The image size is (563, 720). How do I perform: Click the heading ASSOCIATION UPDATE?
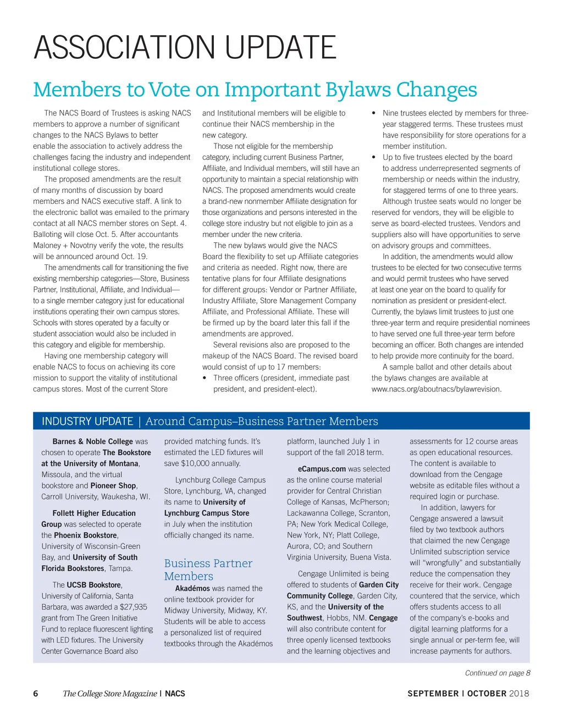(x=185, y=47)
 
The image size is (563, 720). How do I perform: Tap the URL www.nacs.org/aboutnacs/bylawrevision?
(x=436, y=389)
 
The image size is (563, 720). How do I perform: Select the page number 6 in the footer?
(x=36, y=694)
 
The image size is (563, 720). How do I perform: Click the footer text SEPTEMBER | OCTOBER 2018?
(x=468, y=694)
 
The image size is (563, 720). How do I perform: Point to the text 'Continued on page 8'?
(x=497, y=673)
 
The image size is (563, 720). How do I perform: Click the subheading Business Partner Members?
(x=208, y=569)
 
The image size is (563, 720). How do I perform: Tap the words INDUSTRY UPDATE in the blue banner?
(x=87, y=422)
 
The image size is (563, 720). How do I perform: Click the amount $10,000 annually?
(x=202, y=463)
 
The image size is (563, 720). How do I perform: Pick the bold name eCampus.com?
(x=322, y=469)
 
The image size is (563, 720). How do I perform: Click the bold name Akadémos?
(x=189, y=588)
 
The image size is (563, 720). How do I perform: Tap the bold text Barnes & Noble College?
(x=92, y=441)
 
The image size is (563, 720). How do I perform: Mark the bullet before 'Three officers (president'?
(x=205, y=378)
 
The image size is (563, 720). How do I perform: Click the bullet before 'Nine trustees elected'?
(x=374, y=113)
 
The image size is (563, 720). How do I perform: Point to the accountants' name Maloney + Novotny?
(x=65, y=245)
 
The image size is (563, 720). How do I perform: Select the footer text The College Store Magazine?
(x=109, y=694)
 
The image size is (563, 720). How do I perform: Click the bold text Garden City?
(x=379, y=585)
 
